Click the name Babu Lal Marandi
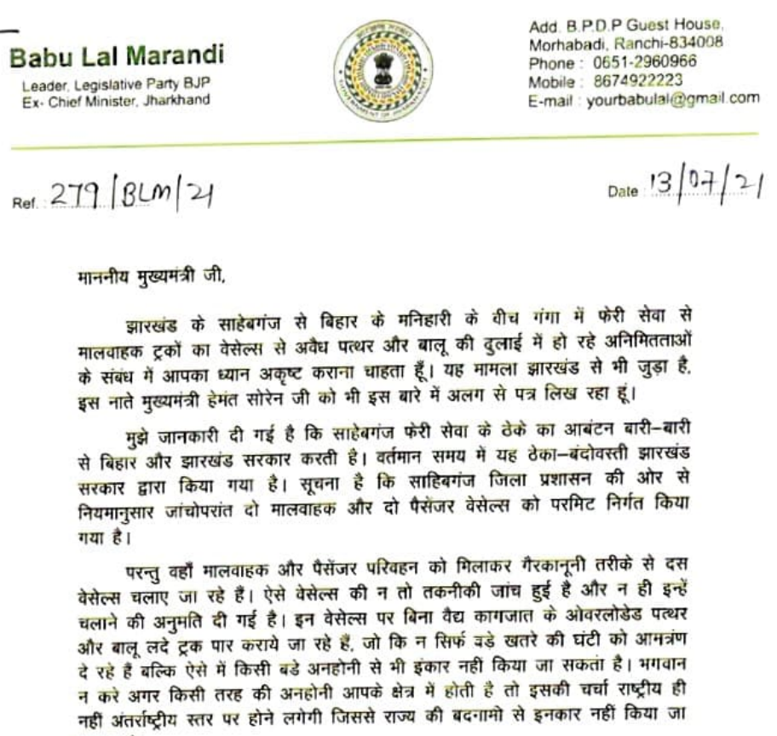click(117, 58)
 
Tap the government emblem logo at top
click(383, 70)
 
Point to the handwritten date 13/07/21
click(704, 185)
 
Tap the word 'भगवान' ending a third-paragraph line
click(733, 656)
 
